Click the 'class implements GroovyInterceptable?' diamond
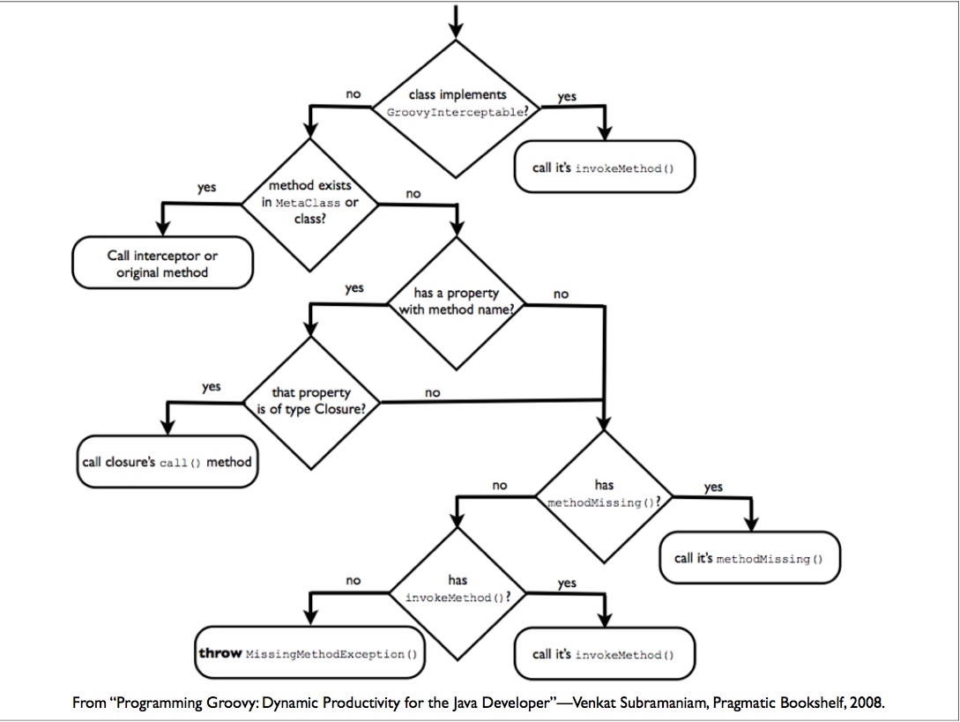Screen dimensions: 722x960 (x=457, y=104)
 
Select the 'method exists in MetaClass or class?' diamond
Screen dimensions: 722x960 (x=309, y=204)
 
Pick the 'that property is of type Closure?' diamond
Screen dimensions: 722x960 (x=309, y=402)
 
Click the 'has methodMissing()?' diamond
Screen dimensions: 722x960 (x=604, y=495)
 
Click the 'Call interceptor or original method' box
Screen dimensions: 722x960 (x=162, y=264)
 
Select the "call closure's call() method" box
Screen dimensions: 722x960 (x=167, y=462)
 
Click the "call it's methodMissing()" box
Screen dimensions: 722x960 (x=749, y=558)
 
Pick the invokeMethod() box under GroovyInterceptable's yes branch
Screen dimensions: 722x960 (x=604, y=167)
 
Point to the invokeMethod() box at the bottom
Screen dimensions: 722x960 (x=604, y=654)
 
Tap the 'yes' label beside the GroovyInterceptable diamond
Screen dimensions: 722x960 (x=567, y=97)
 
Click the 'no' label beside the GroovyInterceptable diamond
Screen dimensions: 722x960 (x=353, y=93)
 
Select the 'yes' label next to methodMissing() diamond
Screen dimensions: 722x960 (x=714, y=487)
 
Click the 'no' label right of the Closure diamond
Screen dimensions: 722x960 (x=432, y=392)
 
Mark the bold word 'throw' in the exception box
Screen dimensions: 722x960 (x=220, y=654)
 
